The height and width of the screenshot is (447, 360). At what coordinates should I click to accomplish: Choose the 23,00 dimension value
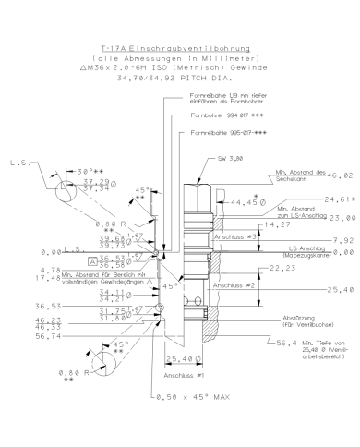pos(337,217)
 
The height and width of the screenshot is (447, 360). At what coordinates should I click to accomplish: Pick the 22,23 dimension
pos(271,269)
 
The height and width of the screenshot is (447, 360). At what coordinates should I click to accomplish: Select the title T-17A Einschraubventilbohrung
pos(179,44)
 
